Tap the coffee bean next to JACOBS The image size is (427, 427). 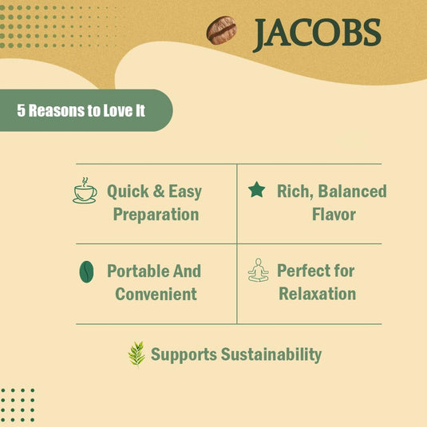(x=221, y=31)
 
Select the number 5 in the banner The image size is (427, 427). (x=22, y=110)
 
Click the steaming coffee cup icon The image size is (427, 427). (x=85, y=191)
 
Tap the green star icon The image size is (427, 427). (x=256, y=190)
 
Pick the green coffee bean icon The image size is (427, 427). (x=85, y=271)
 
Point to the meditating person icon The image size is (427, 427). (x=258, y=271)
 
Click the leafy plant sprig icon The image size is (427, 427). (x=136, y=354)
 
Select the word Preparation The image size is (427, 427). (x=156, y=215)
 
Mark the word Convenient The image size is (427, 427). (x=156, y=294)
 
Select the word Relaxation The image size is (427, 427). (x=317, y=294)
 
